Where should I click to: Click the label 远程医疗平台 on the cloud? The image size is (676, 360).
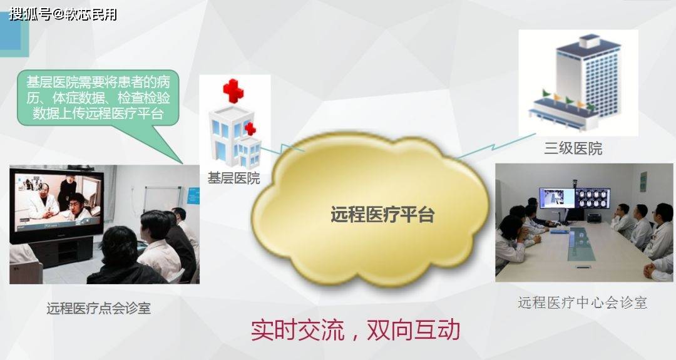pos(382,214)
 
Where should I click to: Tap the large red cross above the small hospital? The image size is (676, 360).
pos(233,91)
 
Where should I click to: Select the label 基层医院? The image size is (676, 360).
pos(233,178)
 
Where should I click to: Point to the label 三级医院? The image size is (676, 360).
pos(573,148)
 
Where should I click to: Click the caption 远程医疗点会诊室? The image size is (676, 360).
pos(99,308)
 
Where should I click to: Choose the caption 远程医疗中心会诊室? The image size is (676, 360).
pos(583,302)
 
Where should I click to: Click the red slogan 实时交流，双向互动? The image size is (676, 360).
pos(356,330)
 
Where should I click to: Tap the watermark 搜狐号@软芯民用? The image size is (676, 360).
pos(63,14)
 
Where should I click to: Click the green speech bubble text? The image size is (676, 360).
pos(98,98)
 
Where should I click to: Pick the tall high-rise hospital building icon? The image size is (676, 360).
pos(578,82)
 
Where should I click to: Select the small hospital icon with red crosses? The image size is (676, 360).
pos(235,124)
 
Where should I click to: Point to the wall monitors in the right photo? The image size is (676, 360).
pos(574,198)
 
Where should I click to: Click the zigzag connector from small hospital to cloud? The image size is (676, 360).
pos(282,150)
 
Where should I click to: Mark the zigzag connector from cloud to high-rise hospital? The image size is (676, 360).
pos(496,147)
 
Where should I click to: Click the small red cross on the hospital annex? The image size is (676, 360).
pos(250,128)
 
